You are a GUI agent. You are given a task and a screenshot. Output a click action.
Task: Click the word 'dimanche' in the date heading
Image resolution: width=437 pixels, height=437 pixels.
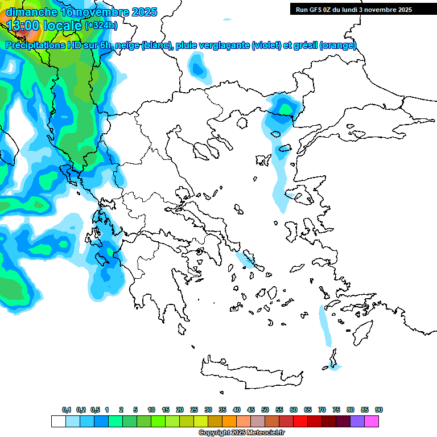[31, 12]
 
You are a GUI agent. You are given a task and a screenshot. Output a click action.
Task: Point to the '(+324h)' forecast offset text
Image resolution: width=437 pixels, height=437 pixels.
[101, 25]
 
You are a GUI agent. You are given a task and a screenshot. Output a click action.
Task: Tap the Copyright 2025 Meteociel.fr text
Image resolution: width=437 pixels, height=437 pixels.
[241, 433]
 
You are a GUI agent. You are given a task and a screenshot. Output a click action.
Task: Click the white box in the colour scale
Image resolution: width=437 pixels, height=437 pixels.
[58, 422]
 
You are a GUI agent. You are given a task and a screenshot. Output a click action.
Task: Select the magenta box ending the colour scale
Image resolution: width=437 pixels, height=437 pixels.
[372, 422]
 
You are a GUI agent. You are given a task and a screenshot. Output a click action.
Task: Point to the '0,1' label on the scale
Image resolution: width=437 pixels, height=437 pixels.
[67, 410]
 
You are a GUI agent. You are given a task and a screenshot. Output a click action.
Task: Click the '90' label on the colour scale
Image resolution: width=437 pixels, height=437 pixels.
[379, 410]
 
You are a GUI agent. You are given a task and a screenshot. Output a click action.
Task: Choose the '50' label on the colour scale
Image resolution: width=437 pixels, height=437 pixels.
[265, 410]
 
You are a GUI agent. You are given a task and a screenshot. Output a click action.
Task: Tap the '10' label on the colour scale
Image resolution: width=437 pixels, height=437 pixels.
[151, 410]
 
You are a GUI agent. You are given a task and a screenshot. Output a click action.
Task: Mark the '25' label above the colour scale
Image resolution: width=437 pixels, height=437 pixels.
[194, 410]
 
